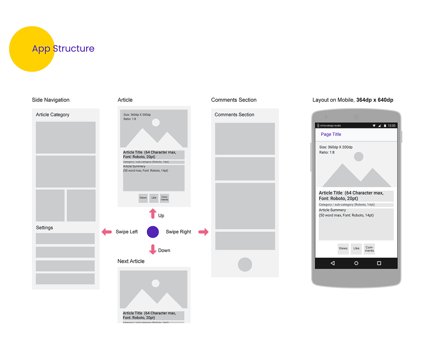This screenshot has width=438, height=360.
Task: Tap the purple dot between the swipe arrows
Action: point(153,232)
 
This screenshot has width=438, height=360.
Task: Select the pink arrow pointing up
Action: point(153,214)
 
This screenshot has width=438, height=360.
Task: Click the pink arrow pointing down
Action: point(153,249)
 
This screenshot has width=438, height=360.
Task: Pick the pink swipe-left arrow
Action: point(107,232)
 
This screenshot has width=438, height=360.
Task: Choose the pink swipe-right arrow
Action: point(204,232)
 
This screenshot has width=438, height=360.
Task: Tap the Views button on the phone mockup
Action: point(343,249)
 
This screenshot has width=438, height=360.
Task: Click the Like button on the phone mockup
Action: point(356,249)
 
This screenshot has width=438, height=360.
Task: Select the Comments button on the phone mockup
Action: point(369,249)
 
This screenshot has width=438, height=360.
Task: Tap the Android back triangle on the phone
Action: point(333,263)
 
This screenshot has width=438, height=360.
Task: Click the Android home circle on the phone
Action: point(356,263)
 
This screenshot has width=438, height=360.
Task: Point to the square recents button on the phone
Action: point(379,263)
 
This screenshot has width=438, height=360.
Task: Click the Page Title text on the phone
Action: point(331,134)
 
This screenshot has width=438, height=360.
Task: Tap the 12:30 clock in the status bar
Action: point(392,126)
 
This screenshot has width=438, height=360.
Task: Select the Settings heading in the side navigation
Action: point(44,228)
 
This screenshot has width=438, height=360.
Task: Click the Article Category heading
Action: point(52,115)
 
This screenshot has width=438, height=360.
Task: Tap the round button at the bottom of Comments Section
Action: point(245,264)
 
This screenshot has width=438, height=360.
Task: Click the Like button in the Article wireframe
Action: point(154,198)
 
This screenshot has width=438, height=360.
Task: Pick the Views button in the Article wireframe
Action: point(143,198)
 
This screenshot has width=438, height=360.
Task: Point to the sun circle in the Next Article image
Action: point(156,283)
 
